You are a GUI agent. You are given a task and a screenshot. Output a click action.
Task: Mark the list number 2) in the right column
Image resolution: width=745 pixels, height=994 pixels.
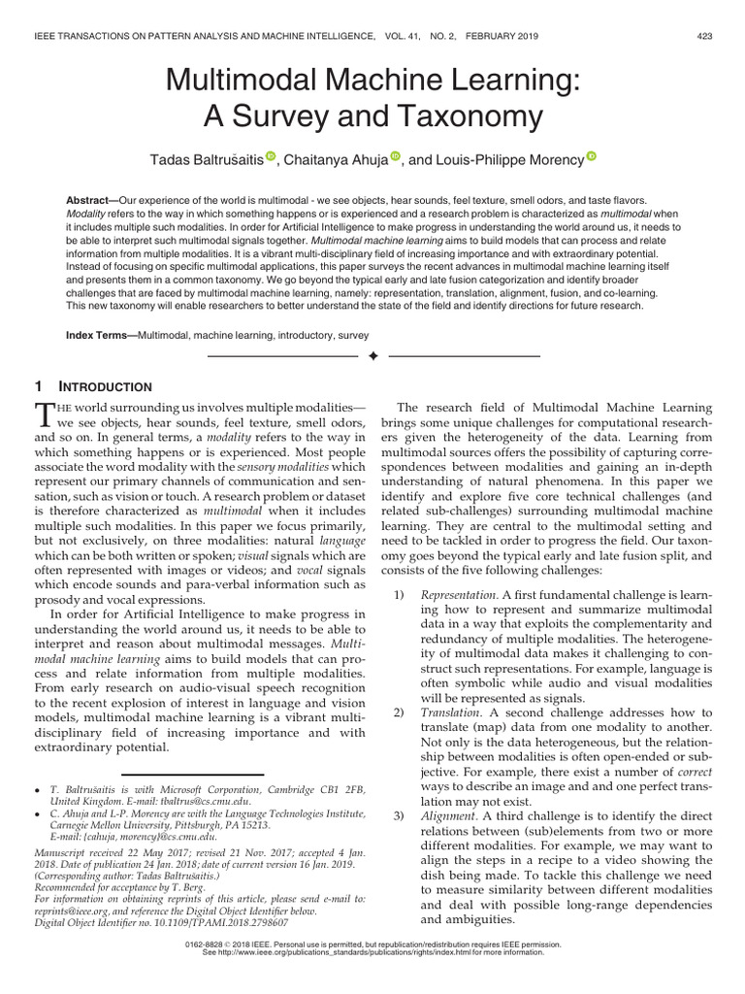point(401,713)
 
